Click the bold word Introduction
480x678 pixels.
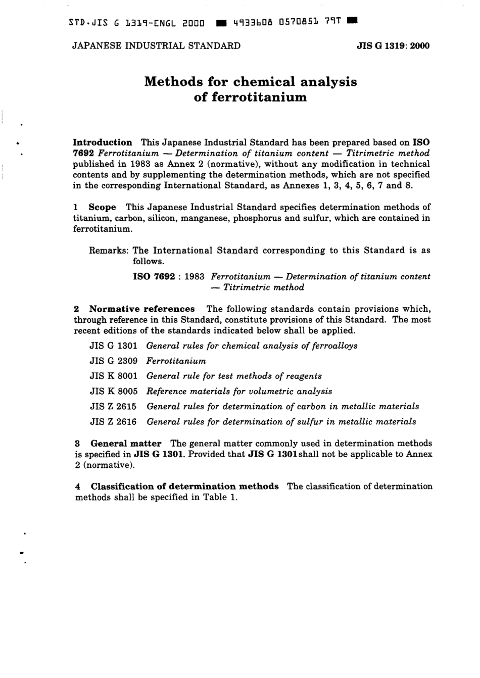click(103, 142)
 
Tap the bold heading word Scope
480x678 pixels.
click(103, 207)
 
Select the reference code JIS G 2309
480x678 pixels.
click(113, 361)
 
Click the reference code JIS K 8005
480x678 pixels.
click(113, 391)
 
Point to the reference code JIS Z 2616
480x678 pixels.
click(113, 421)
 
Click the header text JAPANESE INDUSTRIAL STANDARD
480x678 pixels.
click(157, 46)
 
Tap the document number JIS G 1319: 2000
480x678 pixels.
click(393, 46)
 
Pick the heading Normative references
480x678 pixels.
click(142, 309)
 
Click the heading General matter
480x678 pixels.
click(126, 443)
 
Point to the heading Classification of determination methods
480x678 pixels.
click(184, 486)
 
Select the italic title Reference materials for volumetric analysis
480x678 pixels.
click(239, 391)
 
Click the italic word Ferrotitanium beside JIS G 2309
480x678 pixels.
click(176, 361)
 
